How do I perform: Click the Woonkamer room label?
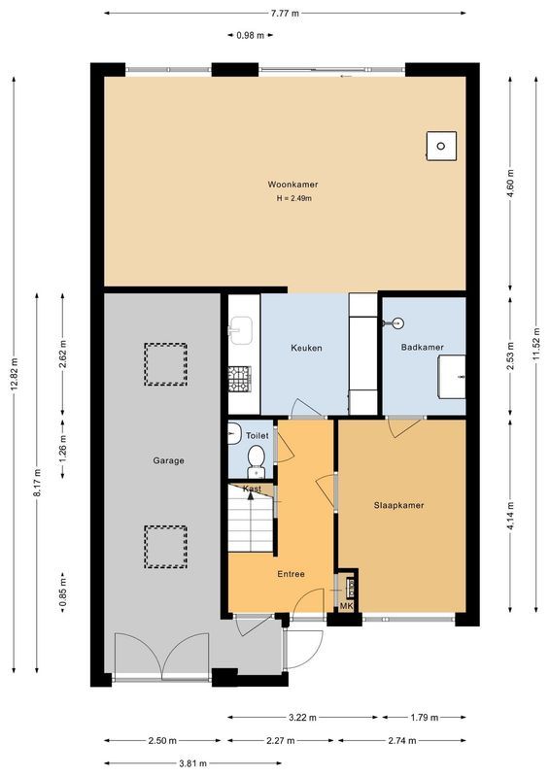(x=293, y=185)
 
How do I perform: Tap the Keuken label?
(x=306, y=348)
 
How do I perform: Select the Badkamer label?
(x=422, y=347)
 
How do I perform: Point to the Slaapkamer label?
(x=399, y=505)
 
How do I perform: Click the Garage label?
(x=168, y=460)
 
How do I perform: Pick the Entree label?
(x=290, y=574)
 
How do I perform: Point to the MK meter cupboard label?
(x=346, y=607)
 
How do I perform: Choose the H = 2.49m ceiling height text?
(x=293, y=199)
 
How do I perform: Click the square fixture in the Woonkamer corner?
(x=441, y=146)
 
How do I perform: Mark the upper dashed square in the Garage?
(x=164, y=364)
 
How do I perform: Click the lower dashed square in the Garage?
(x=164, y=546)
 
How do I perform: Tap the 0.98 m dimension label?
(x=249, y=36)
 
